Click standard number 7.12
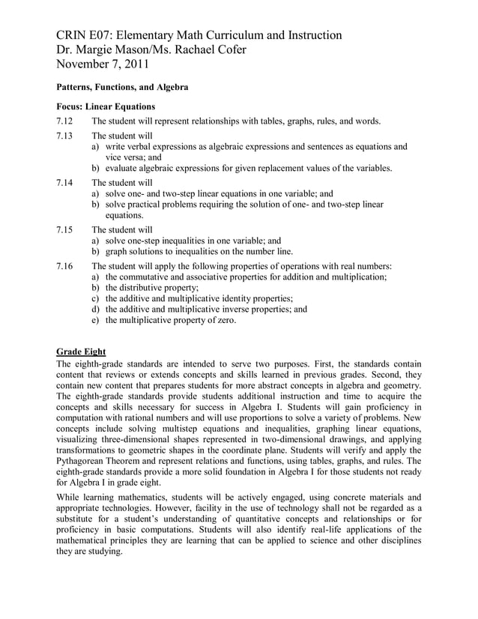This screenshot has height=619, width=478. pyautogui.click(x=66, y=121)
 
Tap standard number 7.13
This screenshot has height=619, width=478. pyautogui.click(x=66, y=136)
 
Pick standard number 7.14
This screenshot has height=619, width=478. pyautogui.click(x=66, y=182)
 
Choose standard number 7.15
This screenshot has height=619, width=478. pyautogui.click(x=66, y=229)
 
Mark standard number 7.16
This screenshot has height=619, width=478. pyautogui.click(x=66, y=266)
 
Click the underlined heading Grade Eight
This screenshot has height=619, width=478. pyautogui.click(x=82, y=351)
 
